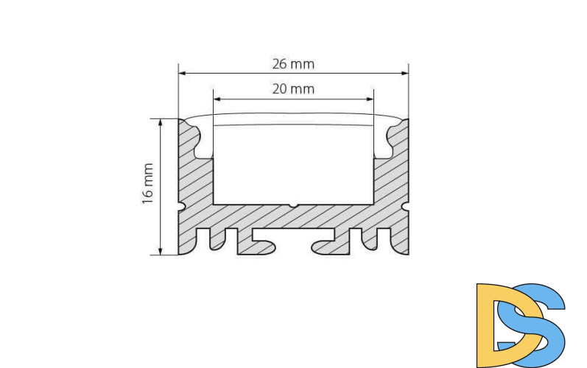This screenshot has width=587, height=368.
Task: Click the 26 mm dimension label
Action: coord(293,64)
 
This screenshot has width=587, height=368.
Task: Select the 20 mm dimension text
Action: coord(293,90)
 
